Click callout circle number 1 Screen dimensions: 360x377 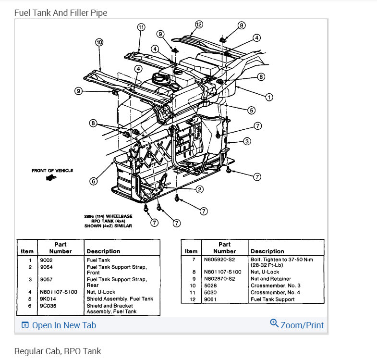click(x=269, y=97)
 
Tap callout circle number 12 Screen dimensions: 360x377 click(x=199, y=25)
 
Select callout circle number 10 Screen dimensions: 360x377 click(x=99, y=42)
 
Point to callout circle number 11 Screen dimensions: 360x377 click(x=141, y=27)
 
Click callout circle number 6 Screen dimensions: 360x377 click(x=93, y=181)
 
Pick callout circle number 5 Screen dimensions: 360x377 click(x=251, y=110)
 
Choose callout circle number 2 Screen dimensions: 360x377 click(x=199, y=189)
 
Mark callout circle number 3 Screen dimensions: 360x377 click(x=246, y=141)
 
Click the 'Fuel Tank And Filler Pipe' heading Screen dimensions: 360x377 click(x=61, y=12)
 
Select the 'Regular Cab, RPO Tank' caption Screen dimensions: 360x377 click(x=58, y=351)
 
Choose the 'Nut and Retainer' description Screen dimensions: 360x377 click(x=270, y=279)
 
